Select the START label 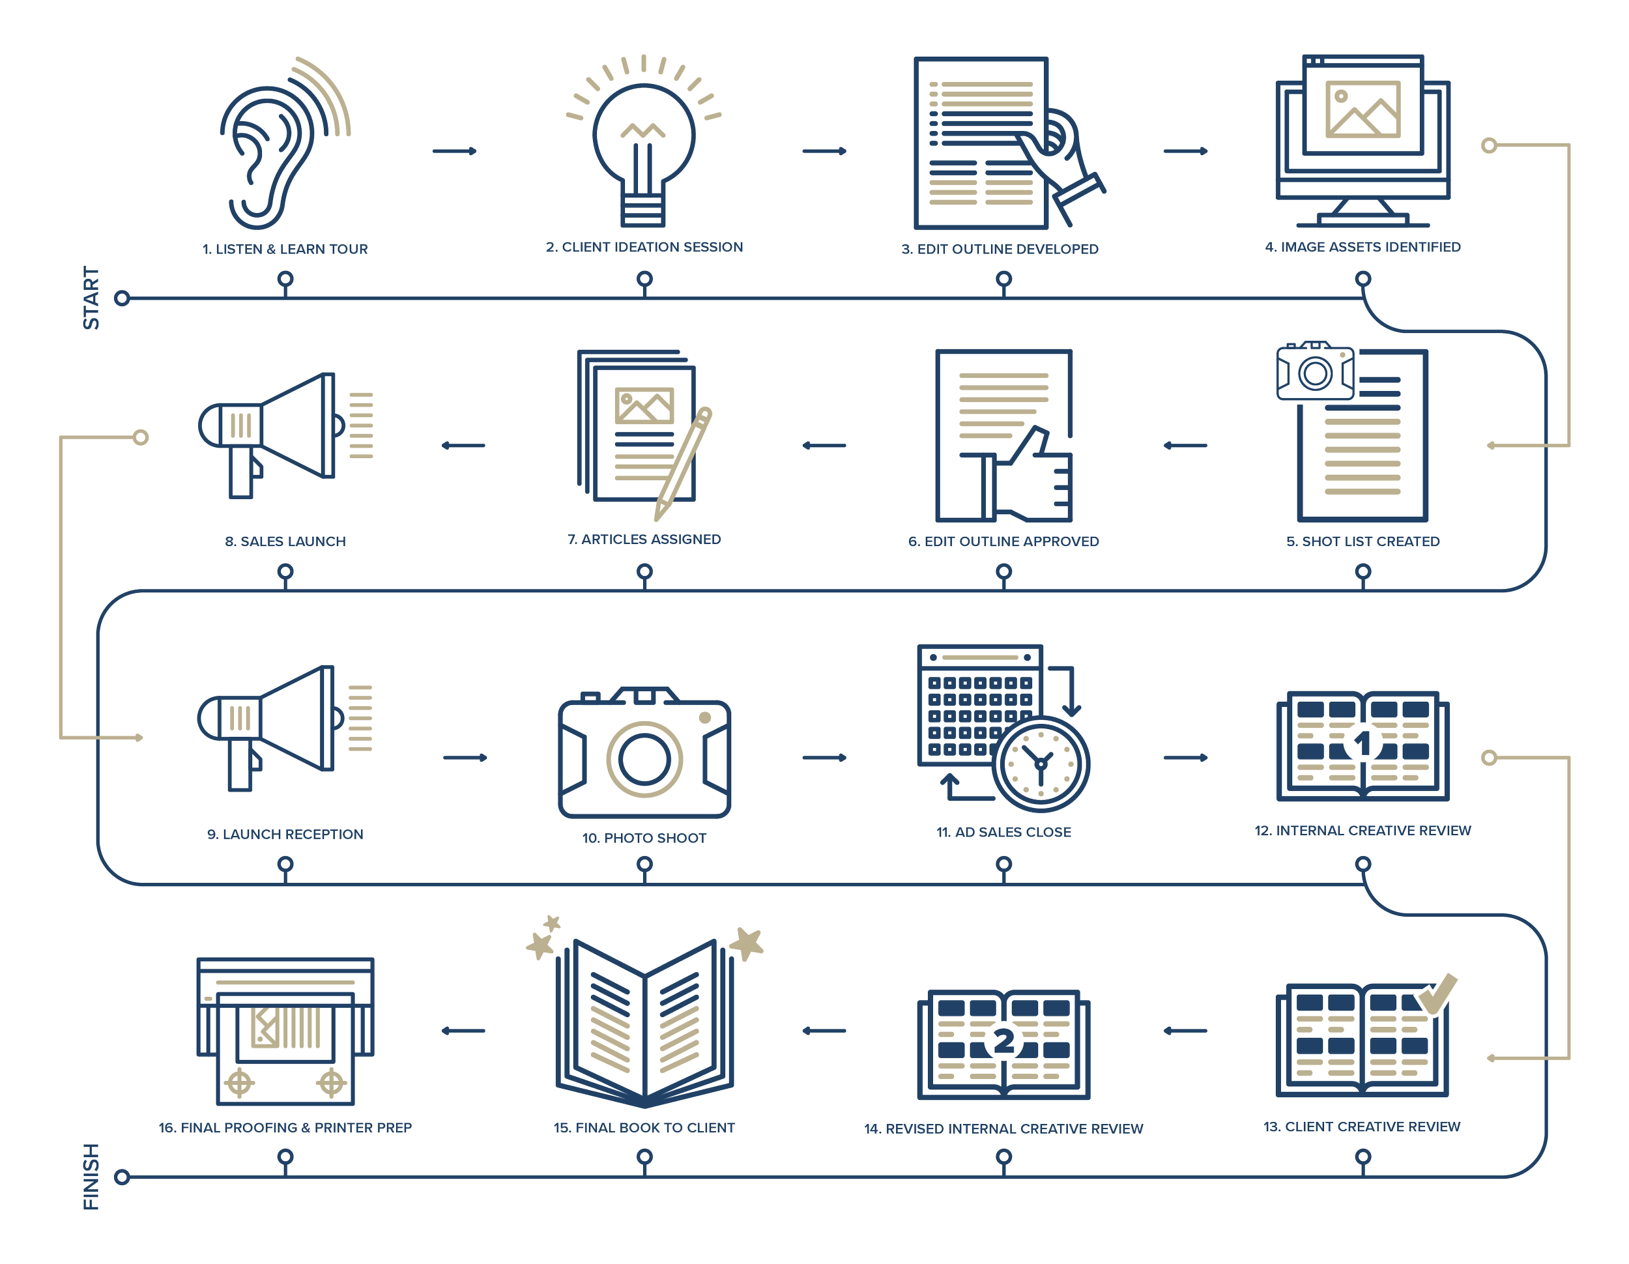pyautogui.click(x=91, y=298)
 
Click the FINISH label pyautogui.click(x=91, y=1177)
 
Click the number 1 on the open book pyautogui.click(x=1362, y=743)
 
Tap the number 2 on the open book pyautogui.click(x=1004, y=1041)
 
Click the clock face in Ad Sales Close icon pyautogui.click(x=1041, y=764)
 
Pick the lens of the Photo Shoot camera pyautogui.click(x=644, y=759)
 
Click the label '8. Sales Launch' pyautogui.click(x=285, y=541)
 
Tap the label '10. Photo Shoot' pyautogui.click(x=644, y=838)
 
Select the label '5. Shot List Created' pyautogui.click(x=1362, y=541)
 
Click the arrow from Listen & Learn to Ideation pyautogui.click(x=455, y=151)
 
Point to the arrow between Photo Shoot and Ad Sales pyautogui.click(x=824, y=758)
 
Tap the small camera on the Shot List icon pyautogui.click(x=1315, y=372)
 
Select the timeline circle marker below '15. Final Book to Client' pyautogui.click(x=644, y=1156)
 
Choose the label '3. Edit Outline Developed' pyautogui.click(x=1000, y=249)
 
